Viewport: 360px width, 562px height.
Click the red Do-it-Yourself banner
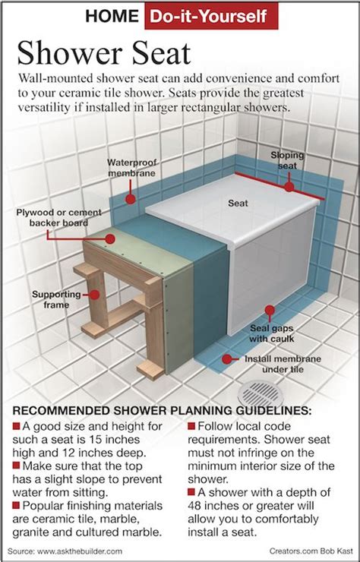pyautogui.click(x=211, y=16)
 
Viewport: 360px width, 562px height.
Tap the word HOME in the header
pyautogui.click(x=112, y=16)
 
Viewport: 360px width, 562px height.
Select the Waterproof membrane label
pyautogui.click(x=131, y=168)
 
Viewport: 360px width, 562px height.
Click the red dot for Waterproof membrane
pyautogui.click(x=131, y=199)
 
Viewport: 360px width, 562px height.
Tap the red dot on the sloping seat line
pyautogui.click(x=289, y=186)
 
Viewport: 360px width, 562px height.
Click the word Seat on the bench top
pyautogui.click(x=238, y=204)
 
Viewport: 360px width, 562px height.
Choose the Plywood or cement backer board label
pyautogui.click(x=58, y=217)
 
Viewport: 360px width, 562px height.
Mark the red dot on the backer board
pyautogui.click(x=110, y=238)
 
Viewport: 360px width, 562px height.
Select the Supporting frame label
pyautogui.click(x=56, y=300)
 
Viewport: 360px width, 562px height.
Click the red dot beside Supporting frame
pyautogui.click(x=94, y=295)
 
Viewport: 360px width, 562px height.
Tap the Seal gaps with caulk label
pyautogui.click(x=271, y=333)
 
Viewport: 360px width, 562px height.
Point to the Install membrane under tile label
pyautogui.click(x=283, y=364)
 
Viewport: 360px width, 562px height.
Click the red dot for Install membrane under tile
pyautogui.click(x=226, y=359)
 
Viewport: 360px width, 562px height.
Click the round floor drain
pyautogui.click(x=261, y=394)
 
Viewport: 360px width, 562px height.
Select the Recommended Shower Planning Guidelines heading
pyautogui.click(x=162, y=411)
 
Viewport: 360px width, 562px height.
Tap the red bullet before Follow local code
pyautogui.click(x=191, y=426)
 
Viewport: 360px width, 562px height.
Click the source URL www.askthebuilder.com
pyautogui.click(x=80, y=551)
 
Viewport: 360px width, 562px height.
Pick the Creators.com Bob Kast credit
pyautogui.click(x=311, y=551)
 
